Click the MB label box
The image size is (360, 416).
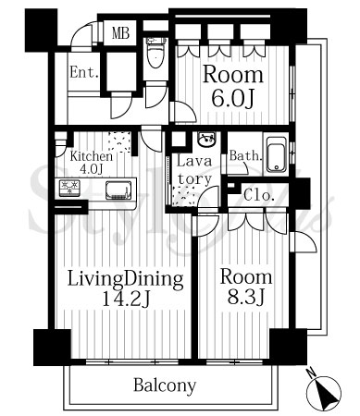120,33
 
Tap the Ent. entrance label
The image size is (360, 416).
84,73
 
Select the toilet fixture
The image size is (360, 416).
155,53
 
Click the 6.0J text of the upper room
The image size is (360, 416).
233,99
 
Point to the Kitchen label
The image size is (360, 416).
91,156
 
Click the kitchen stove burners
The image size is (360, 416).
69,188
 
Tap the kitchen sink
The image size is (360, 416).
118,190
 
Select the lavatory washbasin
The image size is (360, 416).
206,141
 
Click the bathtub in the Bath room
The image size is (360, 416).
277,154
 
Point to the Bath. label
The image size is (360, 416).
245,156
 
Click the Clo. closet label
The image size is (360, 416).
259,195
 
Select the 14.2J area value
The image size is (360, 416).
126,300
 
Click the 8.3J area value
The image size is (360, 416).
245,297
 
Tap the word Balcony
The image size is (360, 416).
165,385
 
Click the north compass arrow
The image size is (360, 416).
324,394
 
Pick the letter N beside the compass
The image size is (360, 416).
311,373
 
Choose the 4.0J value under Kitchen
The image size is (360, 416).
91,169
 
